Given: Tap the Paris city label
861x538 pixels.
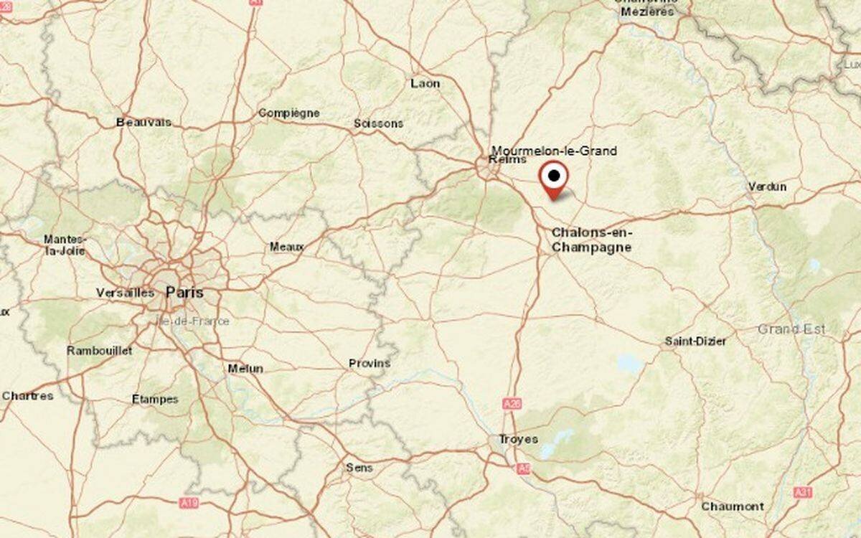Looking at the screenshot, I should pyautogui.click(x=184, y=292).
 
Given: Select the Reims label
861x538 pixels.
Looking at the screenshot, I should pyautogui.click(x=502, y=159).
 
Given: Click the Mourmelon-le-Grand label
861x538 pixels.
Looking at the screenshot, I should pyautogui.click(x=553, y=151).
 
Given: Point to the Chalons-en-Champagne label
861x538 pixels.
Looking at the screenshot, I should pyautogui.click(x=591, y=240).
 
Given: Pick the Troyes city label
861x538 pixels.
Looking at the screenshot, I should pyautogui.click(x=518, y=439).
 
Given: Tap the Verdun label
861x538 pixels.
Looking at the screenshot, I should pyautogui.click(x=767, y=187).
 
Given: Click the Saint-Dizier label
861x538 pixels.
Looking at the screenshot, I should pyautogui.click(x=695, y=341).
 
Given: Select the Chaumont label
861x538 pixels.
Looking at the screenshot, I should pyautogui.click(x=733, y=506).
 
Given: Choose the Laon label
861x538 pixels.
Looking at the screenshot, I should pyautogui.click(x=425, y=83).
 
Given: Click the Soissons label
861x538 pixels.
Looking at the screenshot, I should pyautogui.click(x=378, y=123).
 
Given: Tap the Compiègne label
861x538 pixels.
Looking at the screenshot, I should pyautogui.click(x=288, y=113).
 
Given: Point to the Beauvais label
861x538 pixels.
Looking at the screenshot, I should pyautogui.click(x=143, y=122).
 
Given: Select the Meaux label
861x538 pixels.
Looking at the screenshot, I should pyautogui.click(x=287, y=246).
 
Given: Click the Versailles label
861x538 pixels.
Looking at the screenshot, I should pyautogui.click(x=125, y=293).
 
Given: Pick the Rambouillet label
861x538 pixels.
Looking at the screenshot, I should pyautogui.click(x=100, y=351).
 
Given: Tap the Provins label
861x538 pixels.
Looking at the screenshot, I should pyautogui.click(x=370, y=363).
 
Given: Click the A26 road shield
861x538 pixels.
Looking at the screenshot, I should pyautogui.click(x=512, y=405).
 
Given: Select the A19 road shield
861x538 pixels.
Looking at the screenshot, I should pyautogui.click(x=189, y=503).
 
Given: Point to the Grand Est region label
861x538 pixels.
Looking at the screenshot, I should pyautogui.click(x=791, y=329).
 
